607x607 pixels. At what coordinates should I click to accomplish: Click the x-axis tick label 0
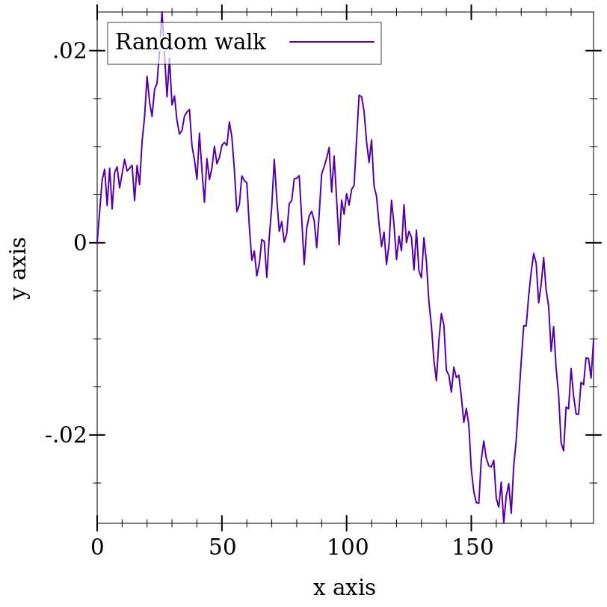(97, 548)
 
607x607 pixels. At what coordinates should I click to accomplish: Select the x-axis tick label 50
(222, 548)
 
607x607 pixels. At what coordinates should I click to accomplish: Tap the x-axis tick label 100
(348, 548)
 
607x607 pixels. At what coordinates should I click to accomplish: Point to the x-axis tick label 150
(472, 548)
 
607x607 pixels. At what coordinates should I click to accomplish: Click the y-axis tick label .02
(70, 51)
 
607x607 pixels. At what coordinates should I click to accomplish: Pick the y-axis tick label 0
(80, 243)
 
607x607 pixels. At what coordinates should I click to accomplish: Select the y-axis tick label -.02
(66, 435)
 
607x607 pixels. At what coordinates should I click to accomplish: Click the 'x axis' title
(344, 588)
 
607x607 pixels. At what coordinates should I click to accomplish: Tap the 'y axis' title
(19, 268)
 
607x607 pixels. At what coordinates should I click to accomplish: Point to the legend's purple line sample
(332, 41)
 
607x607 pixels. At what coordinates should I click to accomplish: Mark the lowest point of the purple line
(504, 523)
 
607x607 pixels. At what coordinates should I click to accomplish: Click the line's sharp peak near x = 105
(359, 95)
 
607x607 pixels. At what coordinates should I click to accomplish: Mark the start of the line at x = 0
(97, 243)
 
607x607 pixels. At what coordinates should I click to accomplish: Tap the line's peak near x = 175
(534, 253)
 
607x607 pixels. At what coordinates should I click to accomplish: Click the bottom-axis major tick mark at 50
(222, 520)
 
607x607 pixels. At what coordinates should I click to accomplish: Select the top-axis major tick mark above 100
(346, 13)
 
